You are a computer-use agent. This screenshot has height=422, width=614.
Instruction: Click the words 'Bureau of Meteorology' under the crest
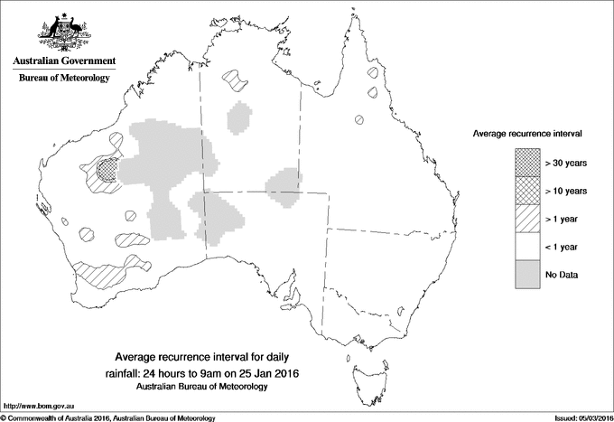(x=63, y=79)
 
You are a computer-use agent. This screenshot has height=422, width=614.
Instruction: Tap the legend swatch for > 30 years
(x=528, y=162)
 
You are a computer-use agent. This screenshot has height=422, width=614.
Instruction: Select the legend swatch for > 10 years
(x=528, y=190)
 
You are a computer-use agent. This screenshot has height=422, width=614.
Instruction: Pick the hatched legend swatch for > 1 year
(x=528, y=218)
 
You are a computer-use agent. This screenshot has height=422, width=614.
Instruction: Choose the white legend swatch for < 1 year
(x=528, y=246)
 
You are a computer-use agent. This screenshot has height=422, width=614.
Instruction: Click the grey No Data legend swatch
(x=528, y=274)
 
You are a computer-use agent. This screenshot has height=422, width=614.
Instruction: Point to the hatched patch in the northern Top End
(x=237, y=80)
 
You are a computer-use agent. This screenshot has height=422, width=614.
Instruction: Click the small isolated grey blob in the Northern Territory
(x=240, y=118)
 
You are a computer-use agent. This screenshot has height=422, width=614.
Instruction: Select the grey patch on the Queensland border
(x=283, y=185)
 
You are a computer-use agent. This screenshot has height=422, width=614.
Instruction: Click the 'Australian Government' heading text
(x=63, y=61)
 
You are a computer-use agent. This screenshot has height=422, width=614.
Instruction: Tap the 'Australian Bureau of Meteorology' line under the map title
(x=201, y=386)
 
